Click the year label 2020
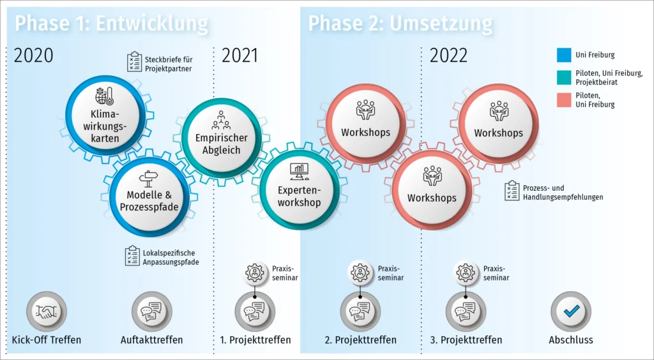[34, 56]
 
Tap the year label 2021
[240, 56]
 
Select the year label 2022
[448, 56]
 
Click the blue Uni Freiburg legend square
[563, 55]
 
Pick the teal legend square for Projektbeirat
[563, 77]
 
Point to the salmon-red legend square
[563, 100]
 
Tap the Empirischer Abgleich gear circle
[222, 137]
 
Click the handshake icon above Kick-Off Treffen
[46, 311]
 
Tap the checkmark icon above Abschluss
[570, 311]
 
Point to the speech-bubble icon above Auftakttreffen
[151, 311]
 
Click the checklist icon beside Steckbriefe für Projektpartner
[134, 62]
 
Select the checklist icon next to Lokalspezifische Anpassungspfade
[132, 256]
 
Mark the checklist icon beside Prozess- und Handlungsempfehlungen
[512, 191]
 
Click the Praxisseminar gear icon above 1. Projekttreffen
[255, 273]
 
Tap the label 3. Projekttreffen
[466, 340]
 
